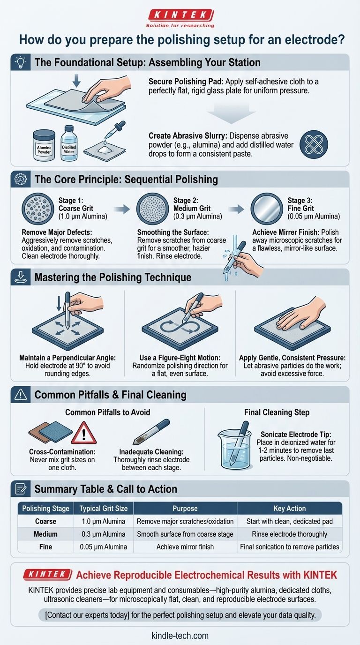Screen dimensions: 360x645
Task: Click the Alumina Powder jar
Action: pos(44,145)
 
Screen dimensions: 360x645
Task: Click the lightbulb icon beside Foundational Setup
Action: pos(21,62)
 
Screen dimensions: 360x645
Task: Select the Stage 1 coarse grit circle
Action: pos(38,209)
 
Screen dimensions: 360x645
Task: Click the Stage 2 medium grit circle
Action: pos(152,209)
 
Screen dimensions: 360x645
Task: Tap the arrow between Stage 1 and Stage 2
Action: pos(122,209)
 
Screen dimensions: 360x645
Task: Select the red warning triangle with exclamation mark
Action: pos(84,433)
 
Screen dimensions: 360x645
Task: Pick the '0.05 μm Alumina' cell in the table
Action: pos(104,547)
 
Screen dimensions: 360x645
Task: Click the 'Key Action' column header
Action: pos(289,509)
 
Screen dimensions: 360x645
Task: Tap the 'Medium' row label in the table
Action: pos(45,534)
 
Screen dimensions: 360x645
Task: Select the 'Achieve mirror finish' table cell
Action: pos(185,547)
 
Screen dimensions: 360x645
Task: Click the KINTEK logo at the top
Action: pos(180,18)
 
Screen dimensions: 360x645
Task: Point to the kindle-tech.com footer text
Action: pos(180,635)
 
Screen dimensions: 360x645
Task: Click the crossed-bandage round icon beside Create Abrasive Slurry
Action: pos(314,144)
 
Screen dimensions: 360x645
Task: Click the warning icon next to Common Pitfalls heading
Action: pos(21,394)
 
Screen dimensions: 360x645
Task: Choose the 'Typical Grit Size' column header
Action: pos(104,509)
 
